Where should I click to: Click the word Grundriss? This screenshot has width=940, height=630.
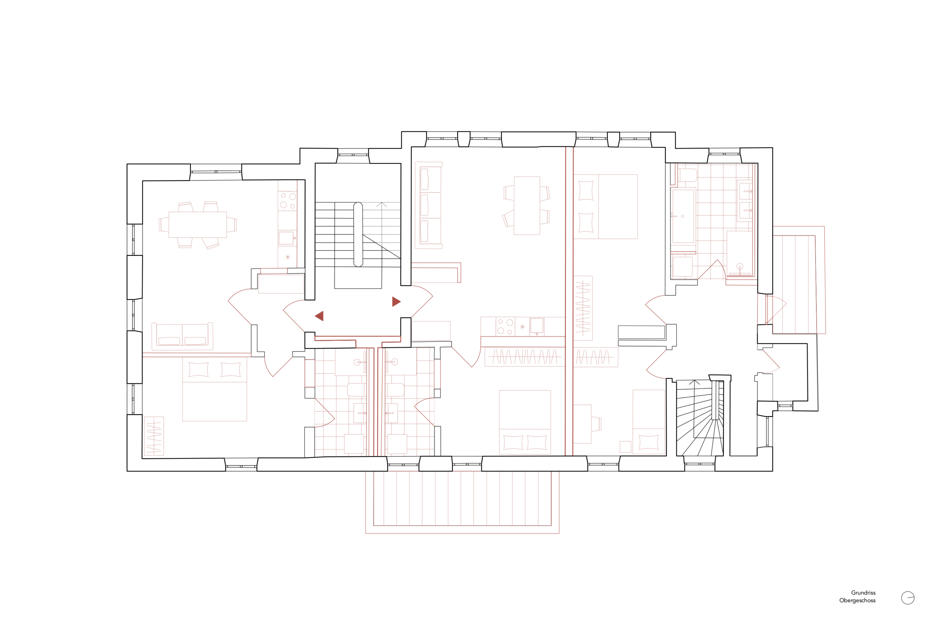(863, 593)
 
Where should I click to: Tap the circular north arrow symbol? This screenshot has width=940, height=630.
(908, 598)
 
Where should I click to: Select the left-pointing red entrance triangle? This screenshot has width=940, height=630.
(319, 316)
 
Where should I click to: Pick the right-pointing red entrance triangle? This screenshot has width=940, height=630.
(397, 302)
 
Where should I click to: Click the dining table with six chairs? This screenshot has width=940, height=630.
(198, 225)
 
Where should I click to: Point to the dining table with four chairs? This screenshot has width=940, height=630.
(527, 206)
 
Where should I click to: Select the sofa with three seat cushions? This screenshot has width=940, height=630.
(429, 205)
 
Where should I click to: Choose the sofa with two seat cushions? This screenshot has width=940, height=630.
(182, 336)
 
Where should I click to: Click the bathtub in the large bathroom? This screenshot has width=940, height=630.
(683, 216)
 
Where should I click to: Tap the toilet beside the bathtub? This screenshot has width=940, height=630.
(688, 175)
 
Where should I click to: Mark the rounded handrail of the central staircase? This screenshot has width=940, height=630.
(358, 234)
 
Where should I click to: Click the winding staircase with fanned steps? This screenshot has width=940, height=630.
(700, 418)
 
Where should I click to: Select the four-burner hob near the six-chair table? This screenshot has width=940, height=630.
(288, 201)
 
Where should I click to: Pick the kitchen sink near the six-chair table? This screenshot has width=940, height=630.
(286, 238)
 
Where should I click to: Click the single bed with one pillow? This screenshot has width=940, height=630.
(648, 422)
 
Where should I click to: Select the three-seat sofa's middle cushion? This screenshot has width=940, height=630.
(424, 205)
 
